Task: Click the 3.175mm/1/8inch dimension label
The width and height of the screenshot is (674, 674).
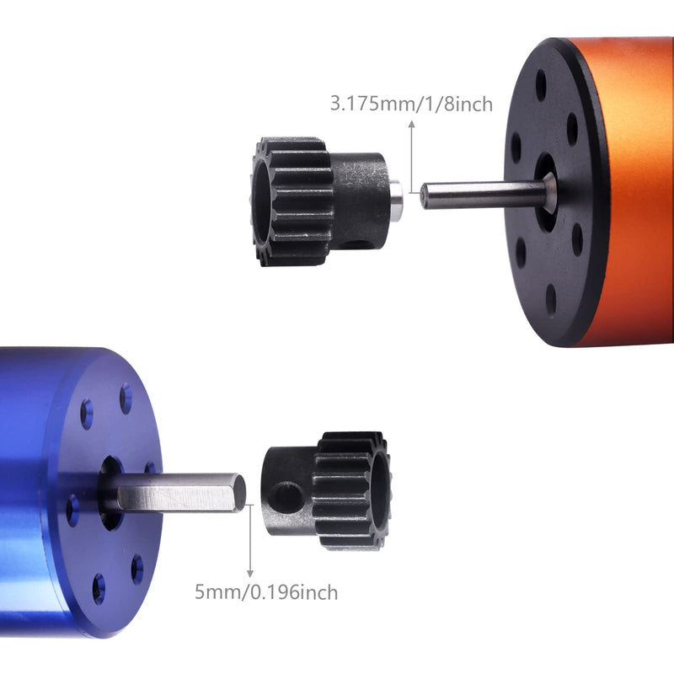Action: pos(411,104)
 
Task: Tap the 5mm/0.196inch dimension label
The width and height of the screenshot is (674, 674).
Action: pos(266,592)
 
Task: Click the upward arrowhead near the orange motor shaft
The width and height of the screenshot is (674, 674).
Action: pos(412,124)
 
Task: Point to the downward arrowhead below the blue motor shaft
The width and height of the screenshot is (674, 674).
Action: pos(249,574)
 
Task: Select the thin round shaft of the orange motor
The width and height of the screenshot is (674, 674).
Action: pos(486,195)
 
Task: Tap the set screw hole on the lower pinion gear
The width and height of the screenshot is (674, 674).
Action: pos(286,497)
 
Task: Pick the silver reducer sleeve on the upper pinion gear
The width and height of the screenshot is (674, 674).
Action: pos(395,197)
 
